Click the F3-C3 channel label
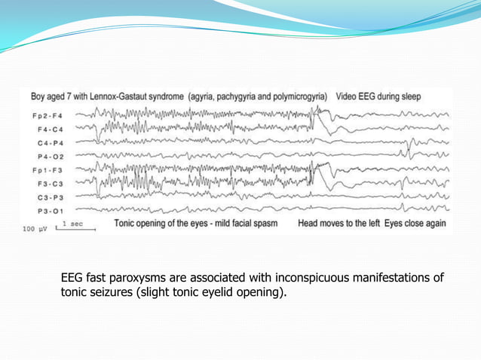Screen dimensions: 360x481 point(49,183)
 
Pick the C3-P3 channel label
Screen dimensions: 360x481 point(49,197)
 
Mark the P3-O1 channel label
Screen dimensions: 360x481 point(49,210)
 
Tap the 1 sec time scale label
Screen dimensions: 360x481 point(73,224)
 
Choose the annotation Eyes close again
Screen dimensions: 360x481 point(415,224)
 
